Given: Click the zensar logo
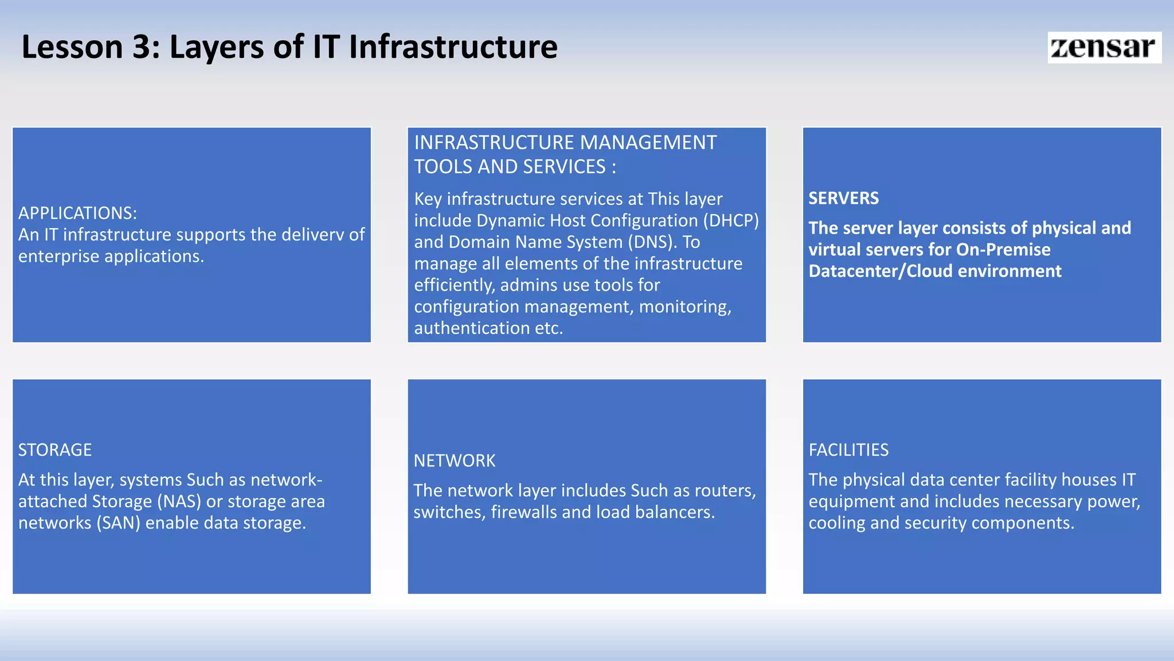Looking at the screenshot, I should pyautogui.click(x=1103, y=47).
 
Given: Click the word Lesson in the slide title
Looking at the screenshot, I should pyautogui.click(x=72, y=47).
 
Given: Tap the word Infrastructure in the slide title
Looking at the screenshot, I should pyautogui.click(x=453, y=47).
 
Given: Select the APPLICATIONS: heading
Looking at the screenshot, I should pyautogui.click(x=78, y=213).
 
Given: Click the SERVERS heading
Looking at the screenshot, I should pyautogui.click(x=843, y=199).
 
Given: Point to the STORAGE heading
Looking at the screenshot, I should pyautogui.click(x=55, y=450).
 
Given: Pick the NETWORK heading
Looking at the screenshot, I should pyautogui.click(x=455, y=461).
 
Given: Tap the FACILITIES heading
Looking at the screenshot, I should pyautogui.click(x=848, y=450).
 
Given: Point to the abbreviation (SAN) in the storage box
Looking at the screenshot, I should pyautogui.click(x=119, y=523).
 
